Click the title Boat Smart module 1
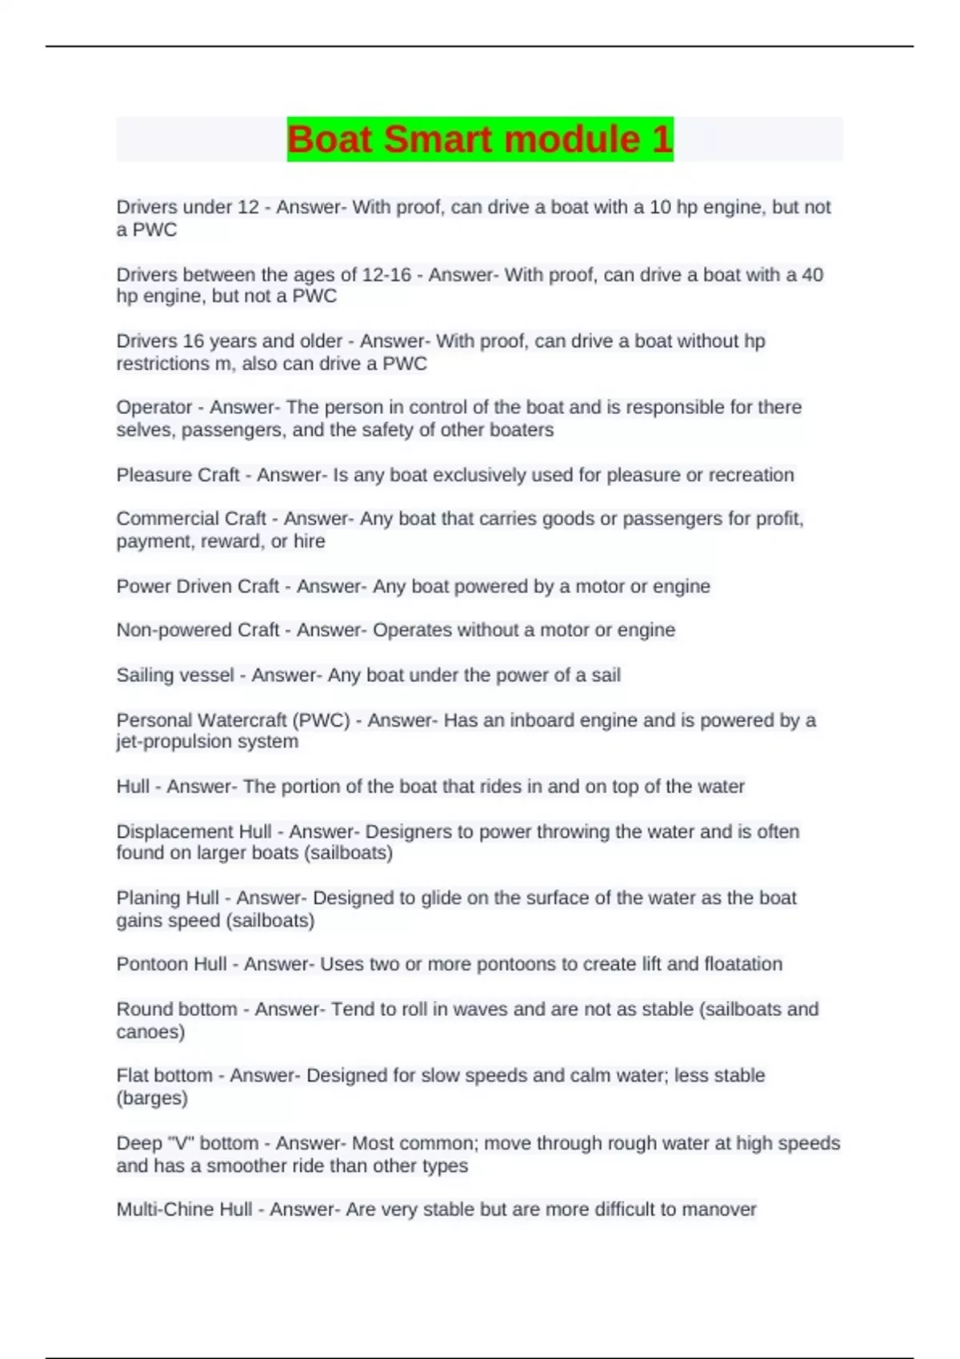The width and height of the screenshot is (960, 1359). [480, 139]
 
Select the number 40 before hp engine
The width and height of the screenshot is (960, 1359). [812, 275]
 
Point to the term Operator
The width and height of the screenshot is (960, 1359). [154, 408]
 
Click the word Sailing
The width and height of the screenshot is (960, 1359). [144, 676]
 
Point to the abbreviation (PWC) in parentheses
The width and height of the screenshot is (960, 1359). [322, 720]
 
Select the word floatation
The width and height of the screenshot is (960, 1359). [743, 964]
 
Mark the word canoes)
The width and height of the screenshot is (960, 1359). [150, 1032]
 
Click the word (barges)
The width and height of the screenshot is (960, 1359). [152, 1098]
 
